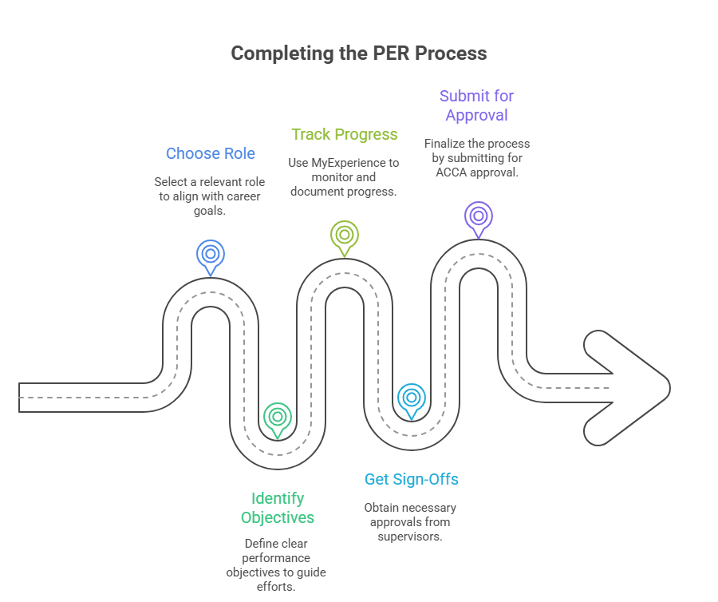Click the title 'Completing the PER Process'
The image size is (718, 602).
pos(358,53)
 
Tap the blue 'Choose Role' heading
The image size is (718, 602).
pos(211,153)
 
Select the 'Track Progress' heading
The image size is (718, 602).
pos(344,134)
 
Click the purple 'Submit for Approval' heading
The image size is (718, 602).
pos(476,105)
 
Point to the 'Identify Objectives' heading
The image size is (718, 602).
pos(278,508)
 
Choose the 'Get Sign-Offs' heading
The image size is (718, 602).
pos(412,479)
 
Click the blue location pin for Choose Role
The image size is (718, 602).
pos(211,255)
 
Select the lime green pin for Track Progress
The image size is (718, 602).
pos(344,236)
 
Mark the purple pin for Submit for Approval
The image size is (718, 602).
pos(478,216)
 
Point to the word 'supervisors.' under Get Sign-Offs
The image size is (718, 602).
pos(411,537)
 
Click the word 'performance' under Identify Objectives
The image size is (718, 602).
pos(277,557)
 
